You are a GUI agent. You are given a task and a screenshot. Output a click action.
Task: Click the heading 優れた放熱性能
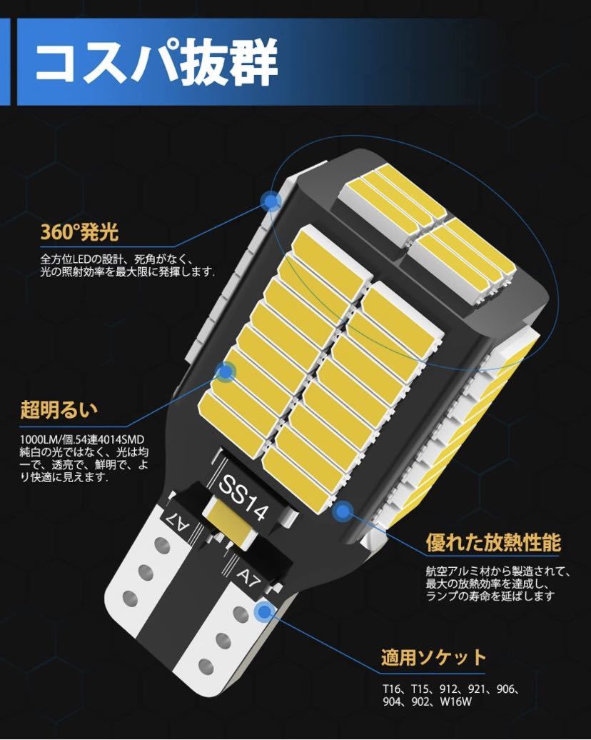(x=492, y=541)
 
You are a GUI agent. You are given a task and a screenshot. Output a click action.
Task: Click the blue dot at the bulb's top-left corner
(x=270, y=202)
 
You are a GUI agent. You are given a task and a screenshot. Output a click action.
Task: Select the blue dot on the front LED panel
(x=226, y=371)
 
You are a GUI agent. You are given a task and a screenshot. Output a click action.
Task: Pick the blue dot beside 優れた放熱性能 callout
(x=343, y=511)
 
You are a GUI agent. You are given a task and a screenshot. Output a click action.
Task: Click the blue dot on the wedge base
(x=265, y=611)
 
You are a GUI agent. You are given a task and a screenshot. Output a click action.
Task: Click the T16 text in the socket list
(x=390, y=691)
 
